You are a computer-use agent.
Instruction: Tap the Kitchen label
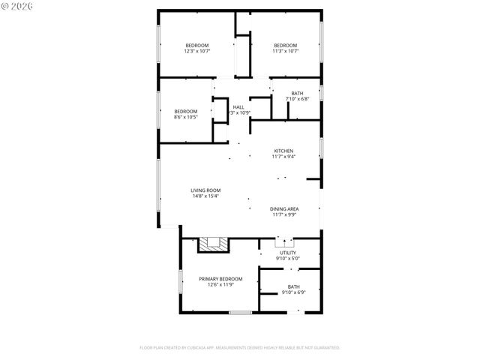283,151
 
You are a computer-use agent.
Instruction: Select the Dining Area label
285,208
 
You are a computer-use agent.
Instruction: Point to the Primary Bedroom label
220,279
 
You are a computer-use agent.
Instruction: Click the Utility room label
288,253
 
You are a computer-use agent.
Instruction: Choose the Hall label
238,107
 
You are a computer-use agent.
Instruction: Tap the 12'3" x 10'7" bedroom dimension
198,51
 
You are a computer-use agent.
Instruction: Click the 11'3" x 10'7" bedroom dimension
285,51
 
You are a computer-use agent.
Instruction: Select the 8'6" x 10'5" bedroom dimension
186,117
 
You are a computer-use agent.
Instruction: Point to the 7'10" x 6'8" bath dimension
298,99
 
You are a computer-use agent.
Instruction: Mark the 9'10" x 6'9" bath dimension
293,292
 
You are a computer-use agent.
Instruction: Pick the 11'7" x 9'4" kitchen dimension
283,157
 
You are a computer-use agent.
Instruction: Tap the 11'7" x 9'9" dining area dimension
285,214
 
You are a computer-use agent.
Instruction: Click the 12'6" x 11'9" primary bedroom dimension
220,285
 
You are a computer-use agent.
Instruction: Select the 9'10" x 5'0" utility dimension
288,259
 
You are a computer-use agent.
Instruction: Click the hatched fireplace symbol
212,244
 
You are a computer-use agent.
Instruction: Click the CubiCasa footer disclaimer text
240,348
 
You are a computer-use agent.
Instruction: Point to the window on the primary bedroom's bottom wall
240,312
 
